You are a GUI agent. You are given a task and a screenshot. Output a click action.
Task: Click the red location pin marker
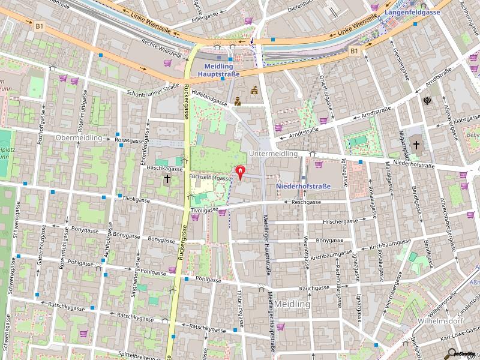pyautogui.click(x=241, y=173)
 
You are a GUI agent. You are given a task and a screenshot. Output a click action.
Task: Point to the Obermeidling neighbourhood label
pyautogui.click(x=78, y=137)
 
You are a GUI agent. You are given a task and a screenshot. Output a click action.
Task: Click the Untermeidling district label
pyautogui.click(x=273, y=154)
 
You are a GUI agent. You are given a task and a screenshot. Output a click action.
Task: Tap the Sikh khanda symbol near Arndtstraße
pyautogui.click(x=428, y=101)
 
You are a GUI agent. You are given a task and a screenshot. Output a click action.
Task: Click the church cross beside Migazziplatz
pyautogui.click(x=416, y=145)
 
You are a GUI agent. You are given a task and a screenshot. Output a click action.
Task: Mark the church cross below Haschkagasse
pyautogui.click(x=167, y=178)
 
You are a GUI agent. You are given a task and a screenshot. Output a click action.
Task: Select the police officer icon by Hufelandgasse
pyautogui.click(x=238, y=101)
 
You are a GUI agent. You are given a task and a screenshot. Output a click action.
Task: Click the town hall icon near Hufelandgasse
pyautogui.click(x=254, y=91)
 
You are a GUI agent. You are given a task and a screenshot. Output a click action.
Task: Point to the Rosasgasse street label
pyautogui.click(x=130, y=140)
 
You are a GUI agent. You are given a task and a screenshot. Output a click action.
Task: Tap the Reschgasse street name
pyautogui.click(x=306, y=203)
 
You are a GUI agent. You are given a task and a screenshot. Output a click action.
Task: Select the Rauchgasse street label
pyautogui.click(x=314, y=288)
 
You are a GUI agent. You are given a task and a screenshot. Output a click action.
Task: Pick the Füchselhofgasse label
pyautogui.click(x=210, y=178)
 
